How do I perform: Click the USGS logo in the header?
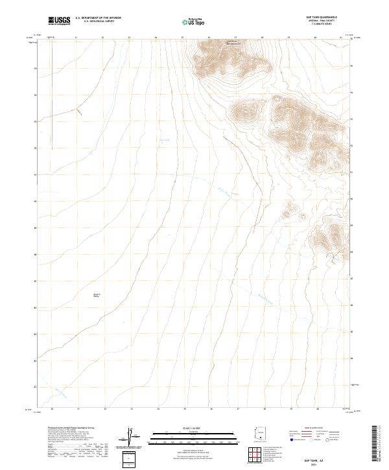click(x=59, y=21)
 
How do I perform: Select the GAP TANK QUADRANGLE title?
click(x=324, y=17)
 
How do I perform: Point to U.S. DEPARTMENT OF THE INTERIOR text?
click(x=98, y=19)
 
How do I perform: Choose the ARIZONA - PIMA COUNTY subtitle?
click(x=324, y=21)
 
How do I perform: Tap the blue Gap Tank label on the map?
click(x=164, y=139)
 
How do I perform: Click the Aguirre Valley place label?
click(x=98, y=295)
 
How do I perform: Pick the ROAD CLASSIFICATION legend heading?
click(x=312, y=429)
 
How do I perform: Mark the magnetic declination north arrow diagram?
click(x=130, y=438)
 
